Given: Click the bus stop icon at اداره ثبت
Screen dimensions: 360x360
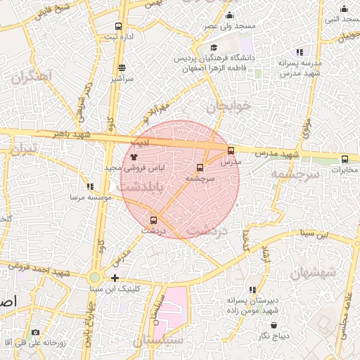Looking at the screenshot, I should click(117, 27).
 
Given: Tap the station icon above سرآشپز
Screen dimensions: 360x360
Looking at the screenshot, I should click(122, 68).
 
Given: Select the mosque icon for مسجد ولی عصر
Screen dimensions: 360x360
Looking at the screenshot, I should click(229, 15).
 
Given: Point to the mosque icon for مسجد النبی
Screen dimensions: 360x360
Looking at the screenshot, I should click(344, 9).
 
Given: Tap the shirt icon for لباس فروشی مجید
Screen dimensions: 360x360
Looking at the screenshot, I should click(134, 156).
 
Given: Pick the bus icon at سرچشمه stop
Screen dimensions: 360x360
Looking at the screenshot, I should click(200, 168).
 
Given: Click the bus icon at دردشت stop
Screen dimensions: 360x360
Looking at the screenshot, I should click(154, 220).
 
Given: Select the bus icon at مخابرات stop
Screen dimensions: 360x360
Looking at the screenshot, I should click(345, 159).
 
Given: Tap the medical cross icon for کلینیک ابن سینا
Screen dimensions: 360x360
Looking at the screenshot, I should click(115, 278).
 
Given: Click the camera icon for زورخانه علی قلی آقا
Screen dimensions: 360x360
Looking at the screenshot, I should click(36, 332).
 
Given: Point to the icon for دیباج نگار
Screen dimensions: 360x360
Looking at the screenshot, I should click(274, 326).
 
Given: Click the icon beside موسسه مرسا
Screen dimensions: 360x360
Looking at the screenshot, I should click(89, 186).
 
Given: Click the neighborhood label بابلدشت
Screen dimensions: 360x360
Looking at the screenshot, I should click(140, 188).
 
